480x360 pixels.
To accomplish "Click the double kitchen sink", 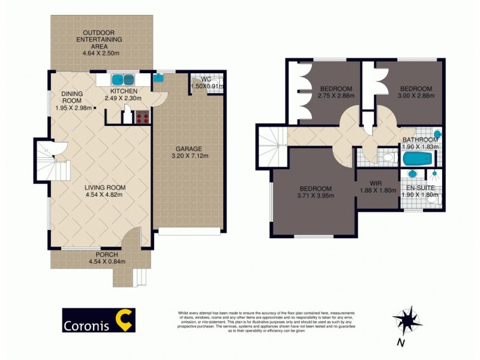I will [124, 78].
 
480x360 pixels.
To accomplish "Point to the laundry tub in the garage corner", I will [158, 77].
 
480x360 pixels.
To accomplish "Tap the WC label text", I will [206, 79].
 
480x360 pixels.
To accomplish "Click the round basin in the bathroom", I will [437, 135].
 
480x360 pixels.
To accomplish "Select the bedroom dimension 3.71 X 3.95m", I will [316, 195].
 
